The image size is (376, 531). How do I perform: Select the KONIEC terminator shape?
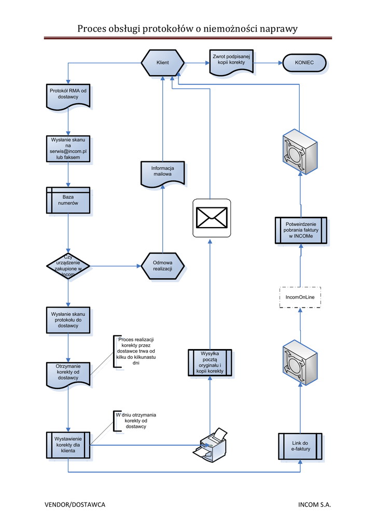(304, 63)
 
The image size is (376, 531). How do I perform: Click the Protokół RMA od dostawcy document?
(68, 96)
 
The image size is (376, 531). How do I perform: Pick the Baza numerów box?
(68, 200)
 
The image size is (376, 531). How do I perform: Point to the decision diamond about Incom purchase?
(68, 266)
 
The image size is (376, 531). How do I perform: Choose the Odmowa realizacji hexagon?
(162, 266)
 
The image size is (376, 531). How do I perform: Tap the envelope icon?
(212, 218)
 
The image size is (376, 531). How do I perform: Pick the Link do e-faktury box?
(300, 446)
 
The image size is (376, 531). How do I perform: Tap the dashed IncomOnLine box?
(300, 297)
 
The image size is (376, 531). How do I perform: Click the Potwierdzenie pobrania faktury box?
(300, 230)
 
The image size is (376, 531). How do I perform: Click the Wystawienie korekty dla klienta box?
(68, 445)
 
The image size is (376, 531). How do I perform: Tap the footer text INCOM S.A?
(314, 505)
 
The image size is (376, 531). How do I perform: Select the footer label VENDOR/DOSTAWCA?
(75, 505)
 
